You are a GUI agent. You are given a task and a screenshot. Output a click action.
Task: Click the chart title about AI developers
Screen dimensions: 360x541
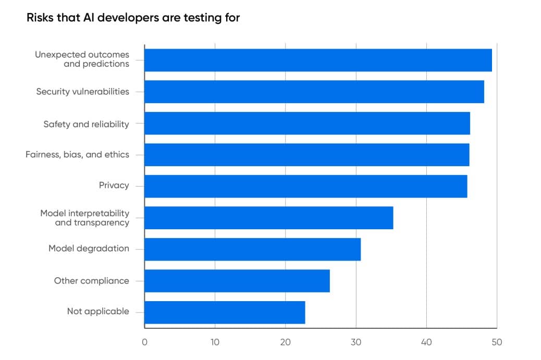pos(133,18)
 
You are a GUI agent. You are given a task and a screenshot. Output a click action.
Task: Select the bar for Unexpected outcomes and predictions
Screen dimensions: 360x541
pos(318,60)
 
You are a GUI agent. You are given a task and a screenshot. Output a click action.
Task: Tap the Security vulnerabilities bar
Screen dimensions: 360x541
pos(314,92)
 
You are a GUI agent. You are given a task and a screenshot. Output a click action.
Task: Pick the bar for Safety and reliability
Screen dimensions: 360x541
pos(307,123)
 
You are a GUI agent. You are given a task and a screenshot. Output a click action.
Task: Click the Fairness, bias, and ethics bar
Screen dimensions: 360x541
pos(306,155)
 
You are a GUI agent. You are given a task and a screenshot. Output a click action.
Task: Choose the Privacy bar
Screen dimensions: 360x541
pos(305,187)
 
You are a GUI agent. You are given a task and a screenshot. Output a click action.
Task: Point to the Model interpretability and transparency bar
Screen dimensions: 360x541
pos(268,218)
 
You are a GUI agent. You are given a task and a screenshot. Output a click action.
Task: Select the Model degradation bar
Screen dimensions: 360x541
pos(252,250)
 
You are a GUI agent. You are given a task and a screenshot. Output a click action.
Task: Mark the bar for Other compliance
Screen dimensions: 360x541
pos(237,281)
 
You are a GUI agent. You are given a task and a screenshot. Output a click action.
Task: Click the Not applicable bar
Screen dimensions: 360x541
pos(225,313)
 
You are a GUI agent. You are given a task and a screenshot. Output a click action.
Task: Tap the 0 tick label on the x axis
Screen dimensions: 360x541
pos(144,342)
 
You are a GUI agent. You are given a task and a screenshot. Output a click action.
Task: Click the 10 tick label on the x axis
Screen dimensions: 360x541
pos(215,342)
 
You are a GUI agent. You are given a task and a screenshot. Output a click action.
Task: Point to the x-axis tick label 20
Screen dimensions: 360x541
pos(285,342)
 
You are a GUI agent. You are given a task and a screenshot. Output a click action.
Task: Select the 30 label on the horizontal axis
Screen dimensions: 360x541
pos(356,342)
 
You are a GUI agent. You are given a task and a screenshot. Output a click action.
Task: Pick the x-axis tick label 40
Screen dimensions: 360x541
pos(426,342)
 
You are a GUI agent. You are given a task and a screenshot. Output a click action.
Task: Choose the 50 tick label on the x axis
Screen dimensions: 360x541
pos(497,342)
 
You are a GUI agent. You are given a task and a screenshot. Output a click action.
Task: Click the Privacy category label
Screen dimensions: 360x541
pos(114,185)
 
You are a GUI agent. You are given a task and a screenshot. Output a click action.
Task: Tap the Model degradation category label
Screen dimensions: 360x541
pos(89,249)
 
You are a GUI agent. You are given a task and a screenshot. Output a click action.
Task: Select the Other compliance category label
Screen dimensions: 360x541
pos(91,281)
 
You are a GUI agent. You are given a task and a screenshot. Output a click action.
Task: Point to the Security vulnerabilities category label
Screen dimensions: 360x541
pos(82,92)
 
